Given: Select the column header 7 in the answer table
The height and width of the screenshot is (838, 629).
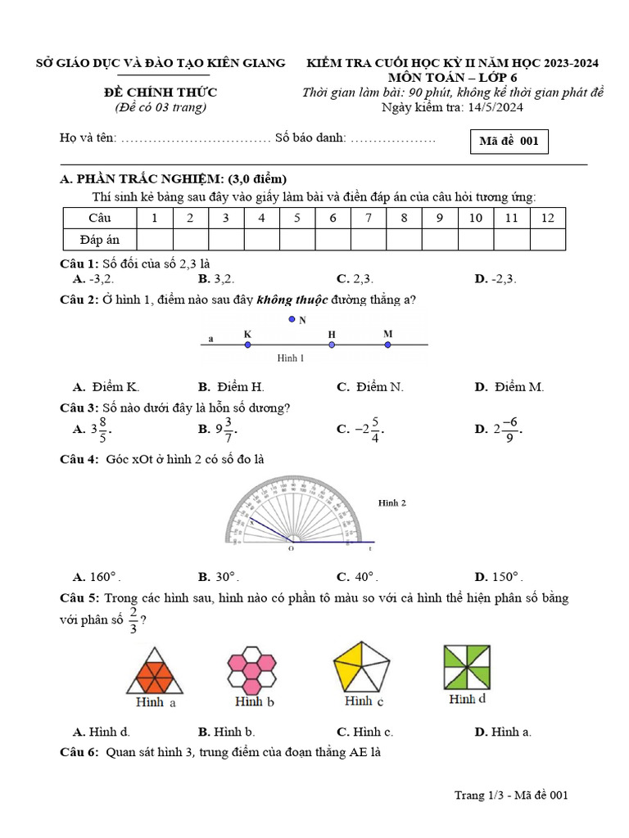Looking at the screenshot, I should (369, 218).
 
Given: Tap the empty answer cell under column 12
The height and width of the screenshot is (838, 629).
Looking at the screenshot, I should (548, 239).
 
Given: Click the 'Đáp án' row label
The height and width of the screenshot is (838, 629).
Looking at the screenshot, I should (100, 239).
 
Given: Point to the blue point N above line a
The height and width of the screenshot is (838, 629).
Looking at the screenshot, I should (291, 320).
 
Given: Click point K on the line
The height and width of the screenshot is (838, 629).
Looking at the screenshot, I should (247, 345).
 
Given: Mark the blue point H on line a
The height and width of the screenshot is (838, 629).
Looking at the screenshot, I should (332, 345).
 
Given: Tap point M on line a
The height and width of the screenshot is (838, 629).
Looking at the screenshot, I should (387, 345).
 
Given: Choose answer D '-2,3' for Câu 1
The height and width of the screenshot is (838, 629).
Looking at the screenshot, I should (496, 279).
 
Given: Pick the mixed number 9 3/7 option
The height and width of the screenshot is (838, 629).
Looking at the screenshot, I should (219, 428).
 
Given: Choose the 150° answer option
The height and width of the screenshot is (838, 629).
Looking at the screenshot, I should (499, 576).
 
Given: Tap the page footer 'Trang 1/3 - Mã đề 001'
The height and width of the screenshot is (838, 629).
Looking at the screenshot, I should (511, 795).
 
